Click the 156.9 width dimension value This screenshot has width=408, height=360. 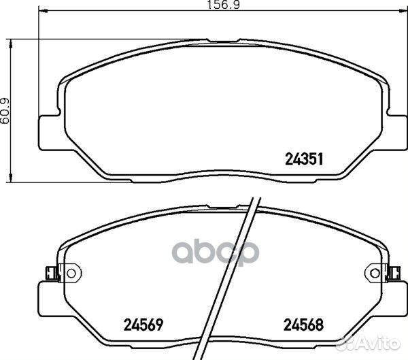pyautogui.click(x=223, y=5)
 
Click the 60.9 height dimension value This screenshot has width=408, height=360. pyautogui.click(x=5, y=111)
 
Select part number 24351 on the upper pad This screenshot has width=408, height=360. pyautogui.click(x=304, y=159)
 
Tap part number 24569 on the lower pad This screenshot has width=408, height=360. pyautogui.click(x=143, y=325)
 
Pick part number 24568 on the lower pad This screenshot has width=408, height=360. pyautogui.click(x=303, y=325)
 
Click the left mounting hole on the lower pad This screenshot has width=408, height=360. pyautogui.click(x=71, y=274)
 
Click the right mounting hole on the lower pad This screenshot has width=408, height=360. pyautogui.click(x=375, y=274)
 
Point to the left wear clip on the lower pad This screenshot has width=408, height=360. pyautogui.click(x=52, y=274)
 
